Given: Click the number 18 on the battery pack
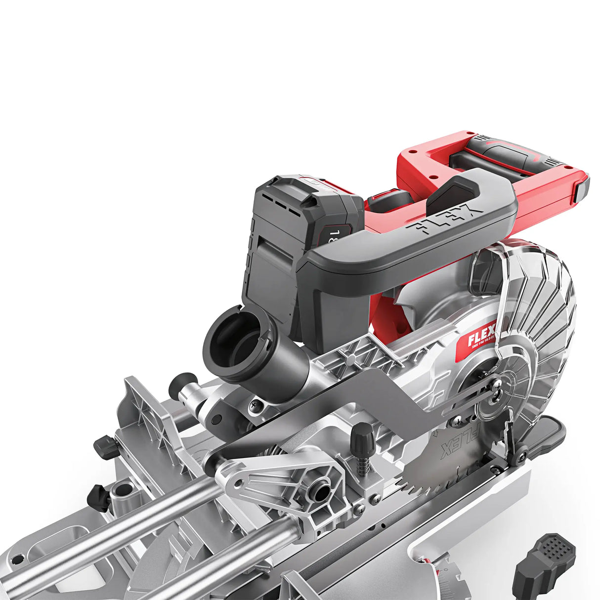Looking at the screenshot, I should coord(336,235).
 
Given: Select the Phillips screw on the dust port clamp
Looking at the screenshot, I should coord(254,405).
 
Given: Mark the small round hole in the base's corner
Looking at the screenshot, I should coord(18,559).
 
